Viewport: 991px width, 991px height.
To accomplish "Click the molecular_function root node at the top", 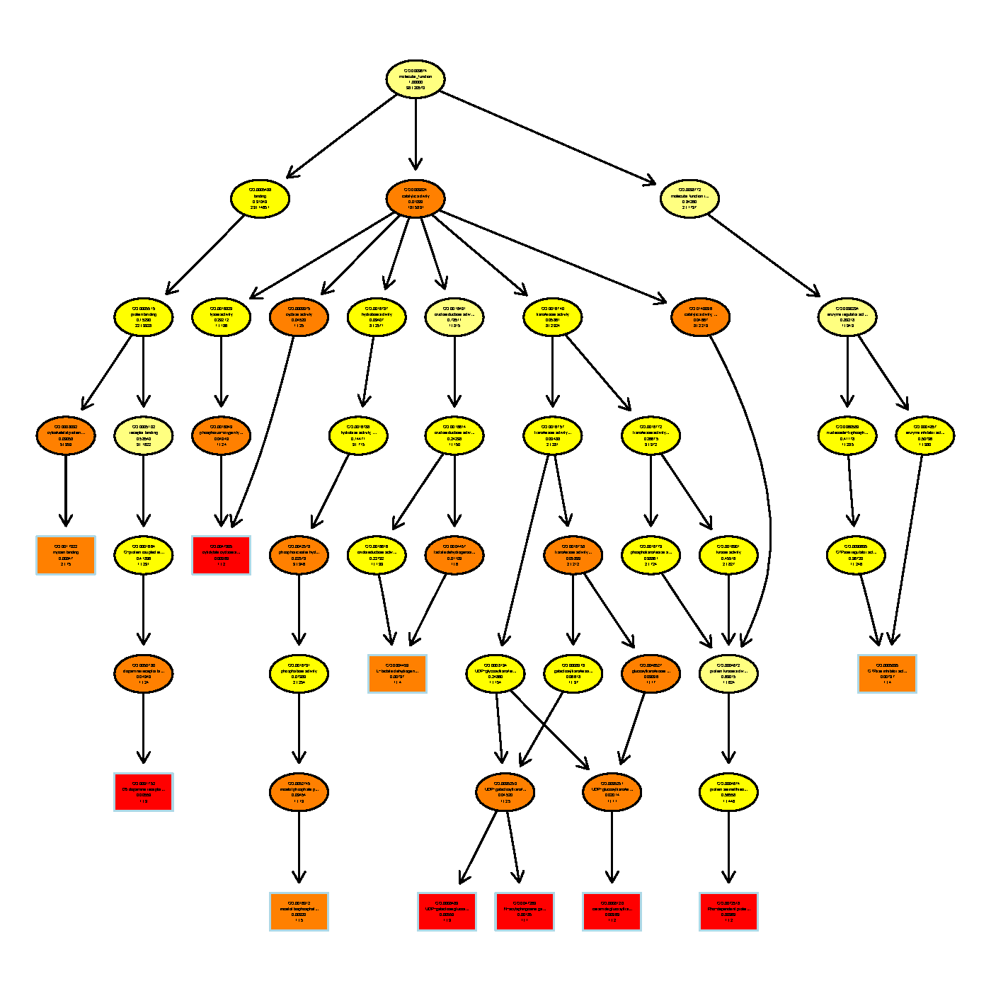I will (416, 79).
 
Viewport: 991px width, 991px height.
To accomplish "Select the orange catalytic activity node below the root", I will (416, 198).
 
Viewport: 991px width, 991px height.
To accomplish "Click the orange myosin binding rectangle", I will (66, 555).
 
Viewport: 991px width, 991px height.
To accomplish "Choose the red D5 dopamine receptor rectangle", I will (144, 792).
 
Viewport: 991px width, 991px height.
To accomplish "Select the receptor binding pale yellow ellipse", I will (143, 435).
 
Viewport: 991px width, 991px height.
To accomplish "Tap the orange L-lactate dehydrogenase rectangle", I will (397, 673).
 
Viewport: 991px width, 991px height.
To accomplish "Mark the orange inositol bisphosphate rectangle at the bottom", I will (299, 911).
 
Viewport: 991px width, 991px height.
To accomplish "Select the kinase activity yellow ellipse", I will (728, 555).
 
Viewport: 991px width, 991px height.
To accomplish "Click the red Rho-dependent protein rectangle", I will (728, 911).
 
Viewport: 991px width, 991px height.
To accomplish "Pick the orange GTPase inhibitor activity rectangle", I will (887, 673).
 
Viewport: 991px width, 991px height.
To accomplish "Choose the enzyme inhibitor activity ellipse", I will (924, 435).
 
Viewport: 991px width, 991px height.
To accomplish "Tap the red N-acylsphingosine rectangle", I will (524, 911).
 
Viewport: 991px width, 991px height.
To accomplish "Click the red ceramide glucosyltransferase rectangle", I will (612, 911).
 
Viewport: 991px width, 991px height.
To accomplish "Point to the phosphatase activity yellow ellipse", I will (299, 673).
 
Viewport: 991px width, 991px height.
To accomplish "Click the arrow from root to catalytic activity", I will (416, 134).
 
